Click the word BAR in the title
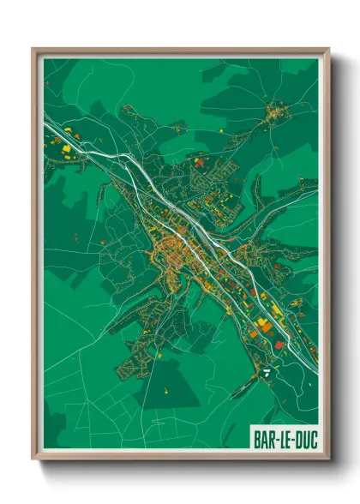click(x=263, y=438)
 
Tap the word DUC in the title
click(x=304, y=438)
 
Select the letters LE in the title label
click(x=284, y=438)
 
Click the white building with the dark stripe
click(x=268, y=372)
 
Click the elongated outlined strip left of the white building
click(x=244, y=377)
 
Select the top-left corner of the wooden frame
click(x=33, y=49)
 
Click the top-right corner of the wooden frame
click(x=329, y=49)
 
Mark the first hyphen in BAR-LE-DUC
click(x=274, y=439)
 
